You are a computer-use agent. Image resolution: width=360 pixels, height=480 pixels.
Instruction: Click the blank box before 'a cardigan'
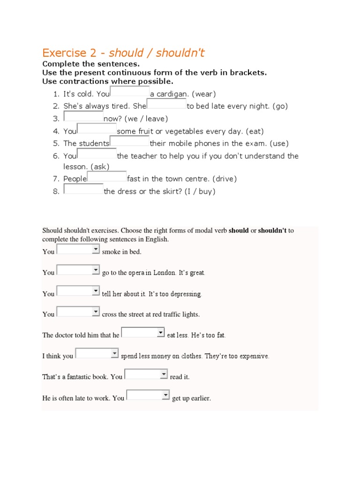pos(130,92)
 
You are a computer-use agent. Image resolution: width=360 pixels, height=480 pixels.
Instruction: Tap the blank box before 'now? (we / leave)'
pos(83,117)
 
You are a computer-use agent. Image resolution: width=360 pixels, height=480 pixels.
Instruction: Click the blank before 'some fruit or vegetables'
pos(97,129)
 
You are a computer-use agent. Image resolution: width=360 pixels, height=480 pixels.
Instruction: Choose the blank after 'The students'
pos(129,142)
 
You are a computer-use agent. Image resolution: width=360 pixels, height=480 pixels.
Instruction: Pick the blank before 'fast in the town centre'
pos(107,177)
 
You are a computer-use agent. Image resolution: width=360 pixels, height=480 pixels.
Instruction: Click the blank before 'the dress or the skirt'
pos(83,189)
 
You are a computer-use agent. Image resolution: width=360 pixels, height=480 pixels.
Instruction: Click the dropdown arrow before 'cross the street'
pos(96,312)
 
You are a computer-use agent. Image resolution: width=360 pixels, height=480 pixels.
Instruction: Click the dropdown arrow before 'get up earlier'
pos(165,396)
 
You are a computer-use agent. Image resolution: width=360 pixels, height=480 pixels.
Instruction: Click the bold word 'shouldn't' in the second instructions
pos(272,231)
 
